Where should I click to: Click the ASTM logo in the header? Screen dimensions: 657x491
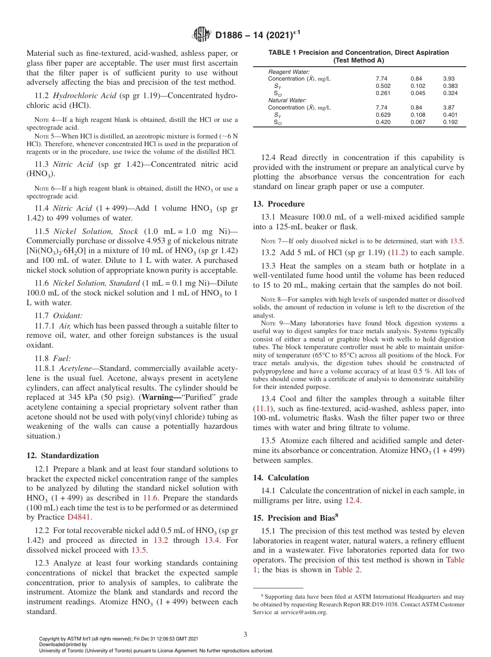tap(201, 35)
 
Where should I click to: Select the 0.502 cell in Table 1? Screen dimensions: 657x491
tap(383, 86)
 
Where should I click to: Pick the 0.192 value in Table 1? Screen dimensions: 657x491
tap(450, 122)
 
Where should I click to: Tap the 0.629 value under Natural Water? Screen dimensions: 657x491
tap(383, 115)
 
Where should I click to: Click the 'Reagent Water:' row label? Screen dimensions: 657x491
tap(289, 71)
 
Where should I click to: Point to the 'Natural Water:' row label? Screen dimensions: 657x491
tap(287, 100)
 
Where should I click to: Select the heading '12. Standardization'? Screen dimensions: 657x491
tap(62, 456)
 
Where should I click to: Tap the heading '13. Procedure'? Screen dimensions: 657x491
tap(279, 204)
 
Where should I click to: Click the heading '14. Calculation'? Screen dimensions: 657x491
tap(281, 478)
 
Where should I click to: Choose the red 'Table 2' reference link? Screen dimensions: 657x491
tap(347, 570)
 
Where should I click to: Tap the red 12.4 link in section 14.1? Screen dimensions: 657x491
tap(351, 500)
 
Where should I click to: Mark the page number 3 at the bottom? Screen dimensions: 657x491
tap(245, 634)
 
